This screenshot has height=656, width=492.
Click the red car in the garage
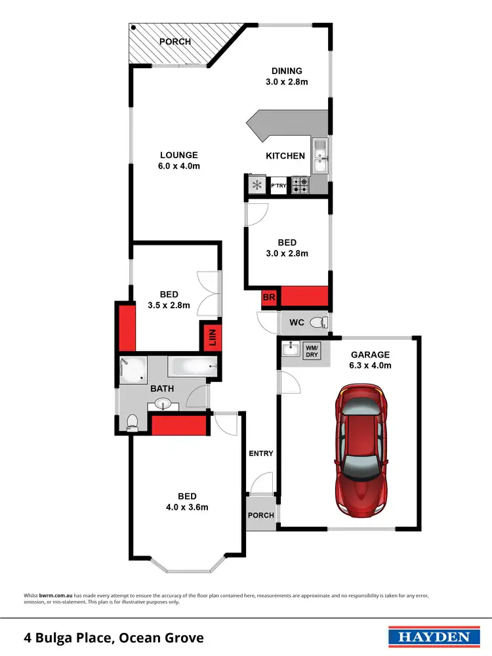click(360, 451)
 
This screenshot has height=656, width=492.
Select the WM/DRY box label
click(312, 350)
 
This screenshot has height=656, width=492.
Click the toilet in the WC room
click(318, 322)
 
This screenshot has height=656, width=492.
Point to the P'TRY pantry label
click(279, 186)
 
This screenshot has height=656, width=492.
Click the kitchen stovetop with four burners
click(300, 186)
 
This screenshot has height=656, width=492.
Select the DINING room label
click(287, 71)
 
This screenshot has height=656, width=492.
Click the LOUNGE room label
click(179, 155)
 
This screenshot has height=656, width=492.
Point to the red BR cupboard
click(268, 297)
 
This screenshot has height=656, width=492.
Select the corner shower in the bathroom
click(133, 369)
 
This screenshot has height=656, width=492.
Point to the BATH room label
click(162, 388)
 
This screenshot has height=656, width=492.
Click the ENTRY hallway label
click(260, 453)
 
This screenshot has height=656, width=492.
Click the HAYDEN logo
click(430, 637)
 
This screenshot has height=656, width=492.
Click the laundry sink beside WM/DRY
click(291, 350)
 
